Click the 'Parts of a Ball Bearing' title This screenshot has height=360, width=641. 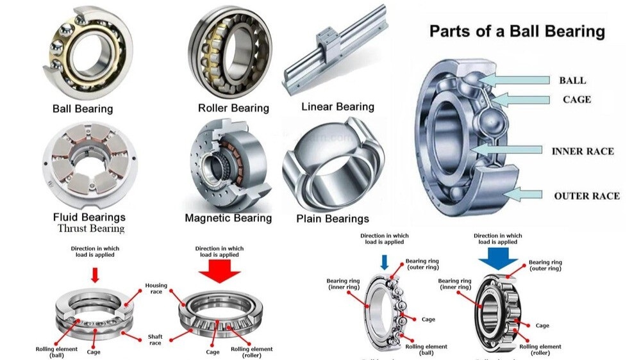click(x=517, y=31)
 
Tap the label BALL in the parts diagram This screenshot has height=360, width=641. click(x=572, y=81)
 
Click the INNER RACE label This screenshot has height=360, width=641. click(x=583, y=151)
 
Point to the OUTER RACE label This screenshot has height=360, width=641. click(x=587, y=195)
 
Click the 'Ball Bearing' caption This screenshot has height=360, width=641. click(x=83, y=109)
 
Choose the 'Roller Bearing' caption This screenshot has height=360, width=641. click(x=233, y=108)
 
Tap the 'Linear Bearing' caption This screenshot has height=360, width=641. click(x=338, y=106)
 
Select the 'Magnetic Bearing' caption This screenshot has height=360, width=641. click(x=228, y=218)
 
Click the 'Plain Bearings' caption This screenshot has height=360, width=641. click(x=333, y=219)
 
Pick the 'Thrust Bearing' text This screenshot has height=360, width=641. click(x=91, y=229)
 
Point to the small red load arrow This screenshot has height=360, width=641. click(x=95, y=275)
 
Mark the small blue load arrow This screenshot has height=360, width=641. click(x=384, y=261)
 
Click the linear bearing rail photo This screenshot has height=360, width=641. click(x=335, y=52)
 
